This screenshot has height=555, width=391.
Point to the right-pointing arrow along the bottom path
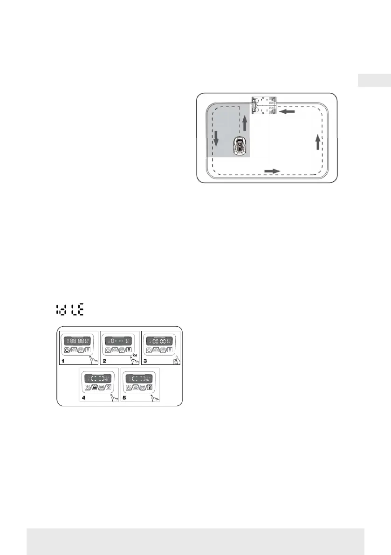point(272,171)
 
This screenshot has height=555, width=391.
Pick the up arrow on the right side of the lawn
point(317,142)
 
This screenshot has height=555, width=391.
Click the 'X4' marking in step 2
point(135,356)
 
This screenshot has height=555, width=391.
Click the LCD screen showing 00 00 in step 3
point(160,340)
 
